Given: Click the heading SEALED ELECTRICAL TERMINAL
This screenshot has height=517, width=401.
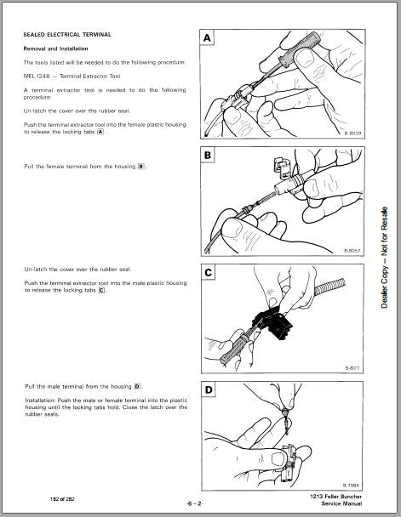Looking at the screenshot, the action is [x=67, y=35].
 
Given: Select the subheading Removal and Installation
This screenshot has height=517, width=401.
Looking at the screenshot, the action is [x=55, y=48].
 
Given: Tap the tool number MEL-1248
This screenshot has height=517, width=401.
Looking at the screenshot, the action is [x=37, y=77].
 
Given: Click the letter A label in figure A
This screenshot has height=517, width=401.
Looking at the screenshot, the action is [x=207, y=38].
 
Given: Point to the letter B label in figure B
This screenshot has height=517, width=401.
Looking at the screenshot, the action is [x=208, y=156].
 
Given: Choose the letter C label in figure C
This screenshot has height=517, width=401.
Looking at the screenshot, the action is [x=208, y=273].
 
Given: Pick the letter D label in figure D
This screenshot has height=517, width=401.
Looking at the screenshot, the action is [x=209, y=390].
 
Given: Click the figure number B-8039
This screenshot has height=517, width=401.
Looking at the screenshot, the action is [x=352, y=134].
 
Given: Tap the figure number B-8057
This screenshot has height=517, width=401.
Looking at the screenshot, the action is [x=352, y=251].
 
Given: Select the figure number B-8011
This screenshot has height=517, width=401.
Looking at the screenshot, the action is [x=352, y=368].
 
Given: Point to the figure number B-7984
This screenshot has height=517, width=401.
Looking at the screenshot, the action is [x=351, y=486].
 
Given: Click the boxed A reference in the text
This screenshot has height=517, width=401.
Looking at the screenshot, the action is [x=100, y=132].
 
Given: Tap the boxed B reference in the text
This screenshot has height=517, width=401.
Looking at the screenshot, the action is [x=141, y=167].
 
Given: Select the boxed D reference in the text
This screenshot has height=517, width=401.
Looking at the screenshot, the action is [x=137, y=386].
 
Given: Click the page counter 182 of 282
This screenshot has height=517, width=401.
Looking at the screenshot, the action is [x=62, y=499].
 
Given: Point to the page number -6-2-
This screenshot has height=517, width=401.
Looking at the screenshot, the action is [x=195, y=503].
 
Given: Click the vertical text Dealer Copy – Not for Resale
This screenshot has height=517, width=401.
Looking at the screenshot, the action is [x=385, y=257].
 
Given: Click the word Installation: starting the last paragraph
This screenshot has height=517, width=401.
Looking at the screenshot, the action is [x=40, y=401].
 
